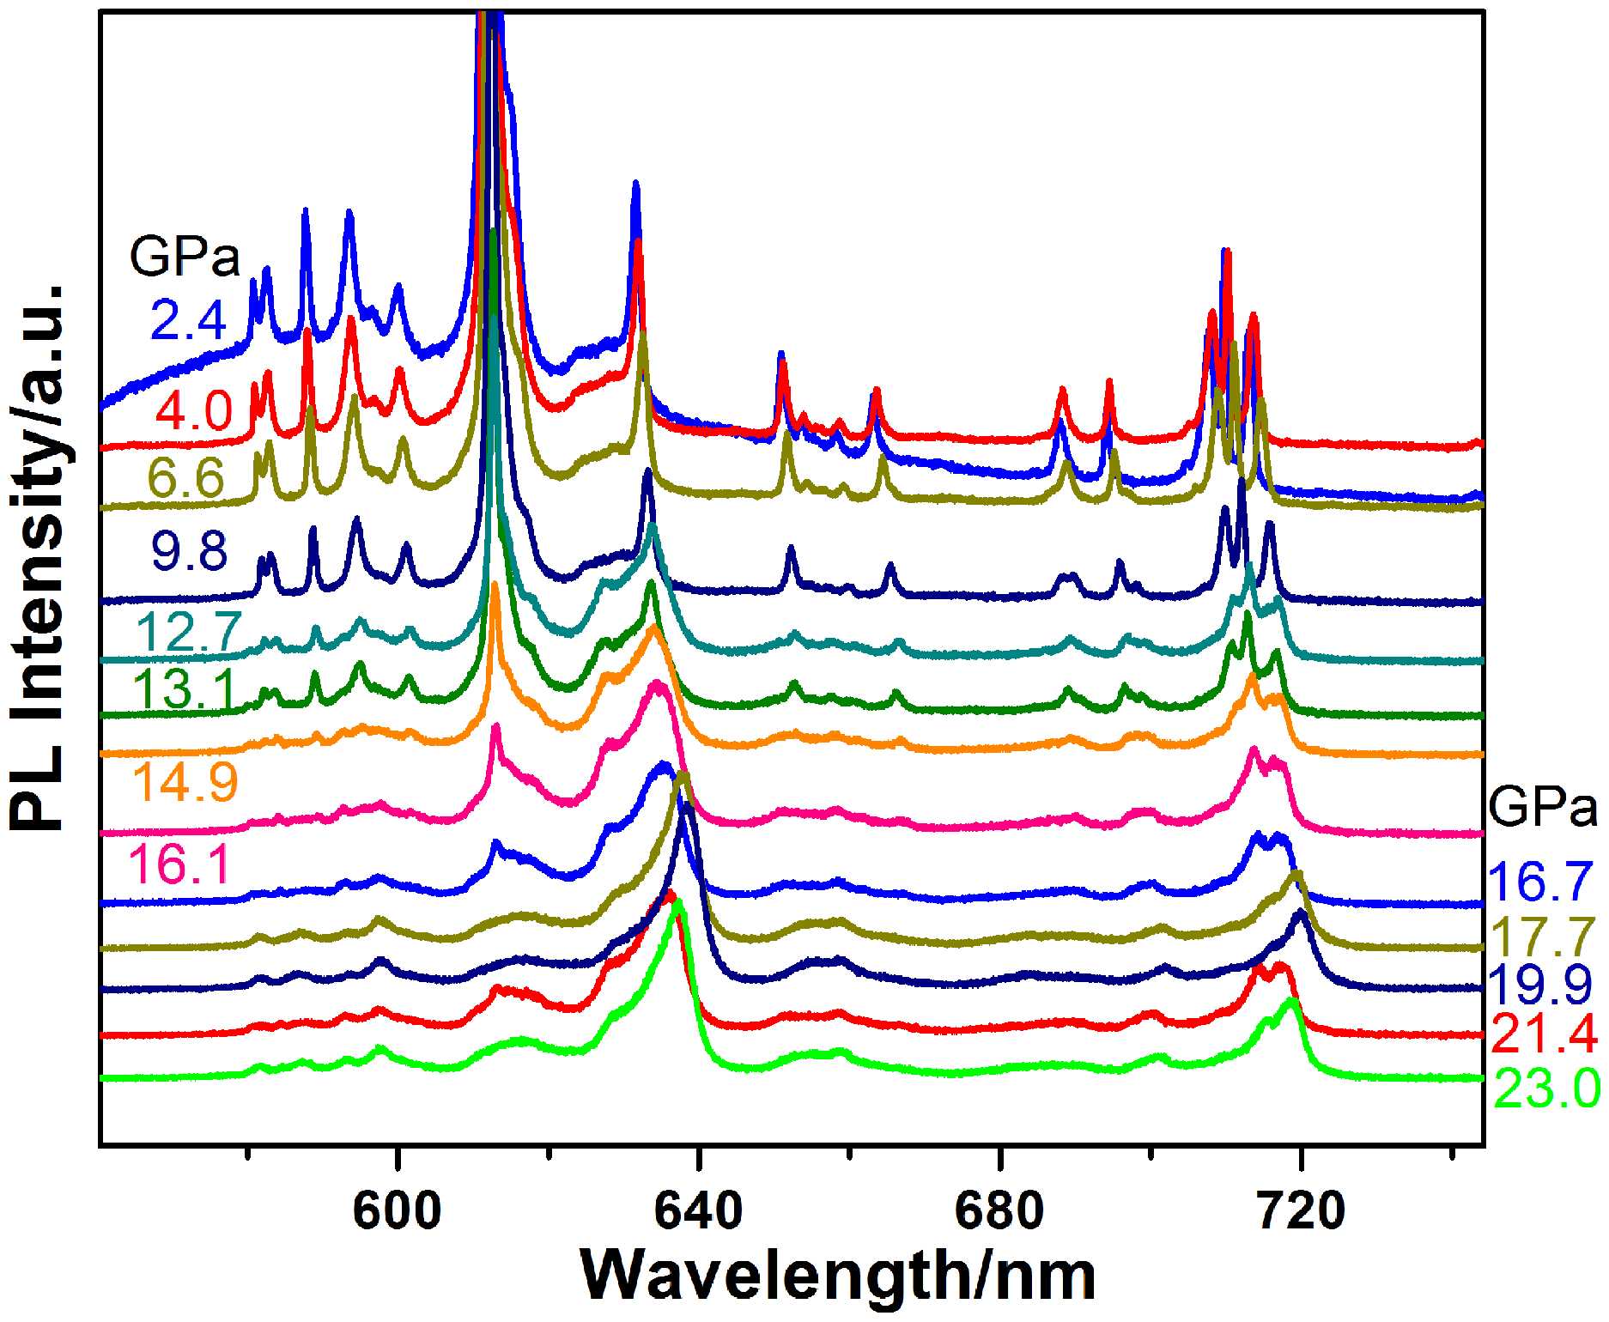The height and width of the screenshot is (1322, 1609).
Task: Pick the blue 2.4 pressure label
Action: [x=189, y=321]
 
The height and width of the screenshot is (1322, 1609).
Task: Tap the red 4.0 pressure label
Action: [x=194, y=410]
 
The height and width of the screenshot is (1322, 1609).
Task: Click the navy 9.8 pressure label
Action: [x=190, y=551]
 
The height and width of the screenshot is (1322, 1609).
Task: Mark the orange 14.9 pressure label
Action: [x=185, y=782]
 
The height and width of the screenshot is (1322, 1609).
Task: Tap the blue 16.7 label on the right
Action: [x=1541, y=883]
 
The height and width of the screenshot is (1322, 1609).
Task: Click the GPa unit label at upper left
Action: [x=185, y=257]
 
